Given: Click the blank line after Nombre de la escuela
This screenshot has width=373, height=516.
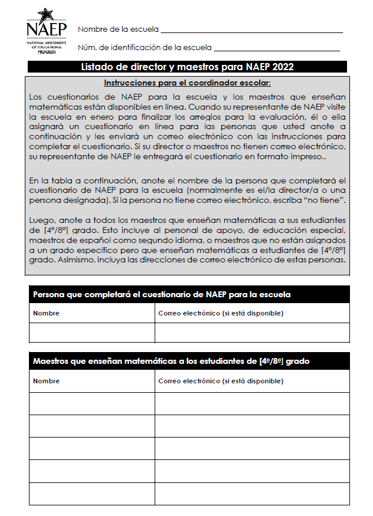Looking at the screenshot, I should pyautogui.click(x=251, y=29).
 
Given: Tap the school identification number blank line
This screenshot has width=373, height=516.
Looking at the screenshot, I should pyautogui.click(x=277, y=48).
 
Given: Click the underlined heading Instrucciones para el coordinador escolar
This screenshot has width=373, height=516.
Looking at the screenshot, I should pyautogui.click(x=187, y=83).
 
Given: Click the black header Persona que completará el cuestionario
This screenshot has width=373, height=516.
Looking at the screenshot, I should pyautogui.click(x=162, y=294).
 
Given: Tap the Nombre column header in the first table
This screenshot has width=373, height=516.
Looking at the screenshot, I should pyautogui.click(x=46, y=313).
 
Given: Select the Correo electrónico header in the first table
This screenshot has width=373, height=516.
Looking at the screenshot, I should pyautogui.click(x=221, y=313).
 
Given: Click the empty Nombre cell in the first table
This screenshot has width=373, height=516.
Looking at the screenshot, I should pyautogui.click(x=92, y=333).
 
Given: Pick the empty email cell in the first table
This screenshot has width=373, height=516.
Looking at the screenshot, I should pyautogui.click(x=252, y=333).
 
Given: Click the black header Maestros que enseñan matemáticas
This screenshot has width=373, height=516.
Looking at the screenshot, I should pyautogui.click(x=171, y=361).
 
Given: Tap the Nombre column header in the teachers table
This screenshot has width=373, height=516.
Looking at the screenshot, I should pyautogui.click(x=46, y=381).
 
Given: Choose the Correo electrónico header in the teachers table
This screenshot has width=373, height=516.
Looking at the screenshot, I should pyautogui.click(x=221, y=381).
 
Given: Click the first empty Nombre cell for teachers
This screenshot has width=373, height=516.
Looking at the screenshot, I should pyautogui.click(x=92, y=403).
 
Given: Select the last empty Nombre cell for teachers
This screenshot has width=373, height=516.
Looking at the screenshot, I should pyautogui.click(x=92, y=494).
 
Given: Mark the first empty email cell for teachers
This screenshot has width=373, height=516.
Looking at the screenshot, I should pyautogui.click(x=252, y=403).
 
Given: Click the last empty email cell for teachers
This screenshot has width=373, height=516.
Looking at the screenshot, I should pyautogui.click(x=252, y=494).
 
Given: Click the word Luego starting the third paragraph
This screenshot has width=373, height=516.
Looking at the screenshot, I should pyautogui.click(x=40, y=218).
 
